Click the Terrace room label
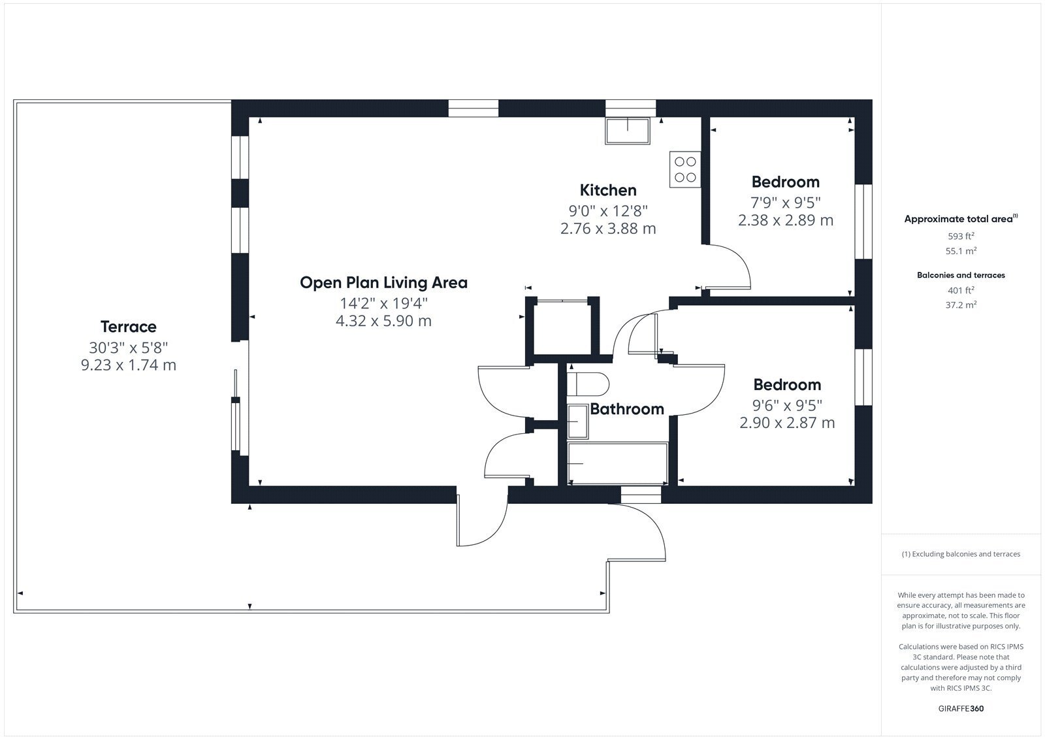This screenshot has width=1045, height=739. point(128,327)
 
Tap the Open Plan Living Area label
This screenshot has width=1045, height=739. point(383,282)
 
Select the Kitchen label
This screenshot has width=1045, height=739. point(608,190)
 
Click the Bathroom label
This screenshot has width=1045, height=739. point(627,409)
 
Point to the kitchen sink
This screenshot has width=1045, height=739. point(628,131)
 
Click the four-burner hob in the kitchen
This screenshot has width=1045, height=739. point(685,169)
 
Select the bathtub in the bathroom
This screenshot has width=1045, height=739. point(618,463)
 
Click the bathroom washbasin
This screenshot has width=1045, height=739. point(577,422)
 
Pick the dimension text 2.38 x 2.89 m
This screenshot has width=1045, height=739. point(786,220)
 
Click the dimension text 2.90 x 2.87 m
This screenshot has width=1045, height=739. point(787,423)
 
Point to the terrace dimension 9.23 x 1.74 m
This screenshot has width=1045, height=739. point(129,365)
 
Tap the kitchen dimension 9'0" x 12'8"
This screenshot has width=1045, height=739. point(608,211)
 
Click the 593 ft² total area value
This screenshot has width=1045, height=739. point(961,237)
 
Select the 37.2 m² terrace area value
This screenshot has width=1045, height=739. point(961,305)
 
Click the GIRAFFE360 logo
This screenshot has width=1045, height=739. point(961,708)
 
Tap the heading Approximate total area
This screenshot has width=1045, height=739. point(961,218)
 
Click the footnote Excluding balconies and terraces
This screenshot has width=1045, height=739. point(961,554)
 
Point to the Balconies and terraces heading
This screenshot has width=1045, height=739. point(961,275)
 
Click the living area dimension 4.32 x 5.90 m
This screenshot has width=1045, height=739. point(383,321)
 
